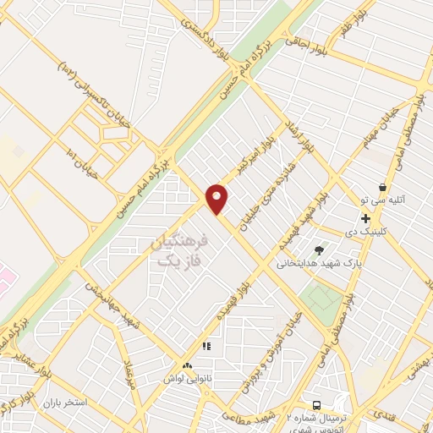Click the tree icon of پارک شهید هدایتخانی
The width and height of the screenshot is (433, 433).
pos(319,249)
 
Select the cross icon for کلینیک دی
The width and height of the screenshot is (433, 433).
pos(364,218)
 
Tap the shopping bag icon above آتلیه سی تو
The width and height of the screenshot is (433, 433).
pos(383,187)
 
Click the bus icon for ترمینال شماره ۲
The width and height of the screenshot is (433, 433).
pos(316,405)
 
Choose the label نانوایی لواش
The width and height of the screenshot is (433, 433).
pos(188,378)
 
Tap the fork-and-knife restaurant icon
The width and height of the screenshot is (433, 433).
pos(206,346)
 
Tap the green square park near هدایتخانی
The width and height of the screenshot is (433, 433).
pos(323,299)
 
